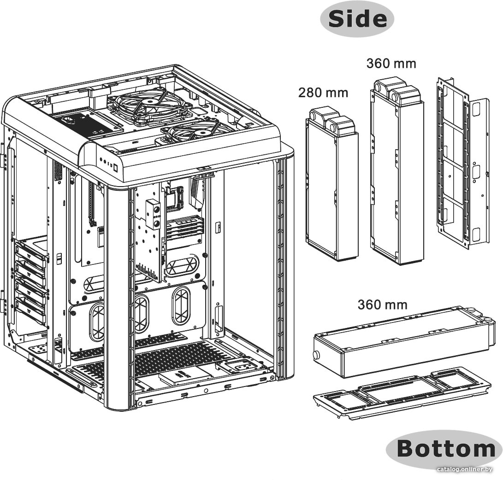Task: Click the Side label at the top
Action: tap(357, 18)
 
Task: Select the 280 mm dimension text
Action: tap(323, 93)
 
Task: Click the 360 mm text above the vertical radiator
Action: tap(391, 64)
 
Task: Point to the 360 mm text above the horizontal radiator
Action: tap(382, 304)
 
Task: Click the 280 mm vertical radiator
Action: tap(331, 184)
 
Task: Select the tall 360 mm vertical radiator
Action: tap(397, 170)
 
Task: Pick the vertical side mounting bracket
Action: tap(462, 164)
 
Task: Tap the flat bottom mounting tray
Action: tap(402, 393)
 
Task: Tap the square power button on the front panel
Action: tap(116, 167)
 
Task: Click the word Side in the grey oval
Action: tap(357, 18)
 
